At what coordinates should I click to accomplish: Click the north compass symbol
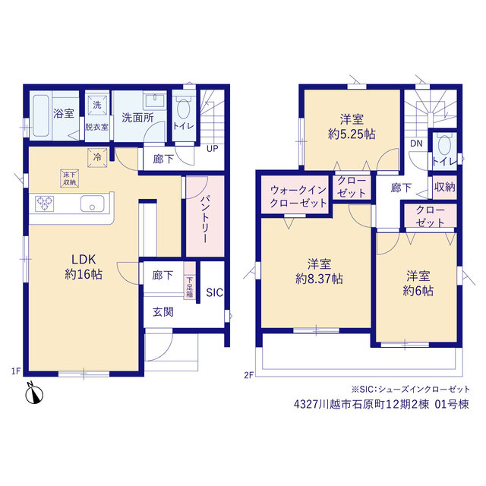click(33, 394)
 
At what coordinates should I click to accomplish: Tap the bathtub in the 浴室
click(41, 115)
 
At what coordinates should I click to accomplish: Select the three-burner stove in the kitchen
click(45, 204)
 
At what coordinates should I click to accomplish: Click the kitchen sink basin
click(93, 204)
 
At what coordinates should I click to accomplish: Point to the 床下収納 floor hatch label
click(69, 178)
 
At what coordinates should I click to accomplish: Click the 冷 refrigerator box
click(97, 157)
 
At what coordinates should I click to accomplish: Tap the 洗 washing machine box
click(97, 106)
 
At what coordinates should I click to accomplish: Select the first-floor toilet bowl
click(184, 108)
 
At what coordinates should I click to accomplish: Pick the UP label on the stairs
click(213, 149)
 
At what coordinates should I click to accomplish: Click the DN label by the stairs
click(416, 144)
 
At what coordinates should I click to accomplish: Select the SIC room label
click(214, 292)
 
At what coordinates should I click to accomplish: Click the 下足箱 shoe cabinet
click(189, 280)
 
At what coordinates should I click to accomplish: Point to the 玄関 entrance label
click(163, 312)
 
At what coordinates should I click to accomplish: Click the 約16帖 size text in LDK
click(84, 274)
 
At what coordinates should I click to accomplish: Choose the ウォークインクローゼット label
click(298, 196)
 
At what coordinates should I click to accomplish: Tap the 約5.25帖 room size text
click(352, 134)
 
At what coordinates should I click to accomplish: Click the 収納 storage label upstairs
click(444, 187)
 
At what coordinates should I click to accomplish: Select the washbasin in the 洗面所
click(155, 101)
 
